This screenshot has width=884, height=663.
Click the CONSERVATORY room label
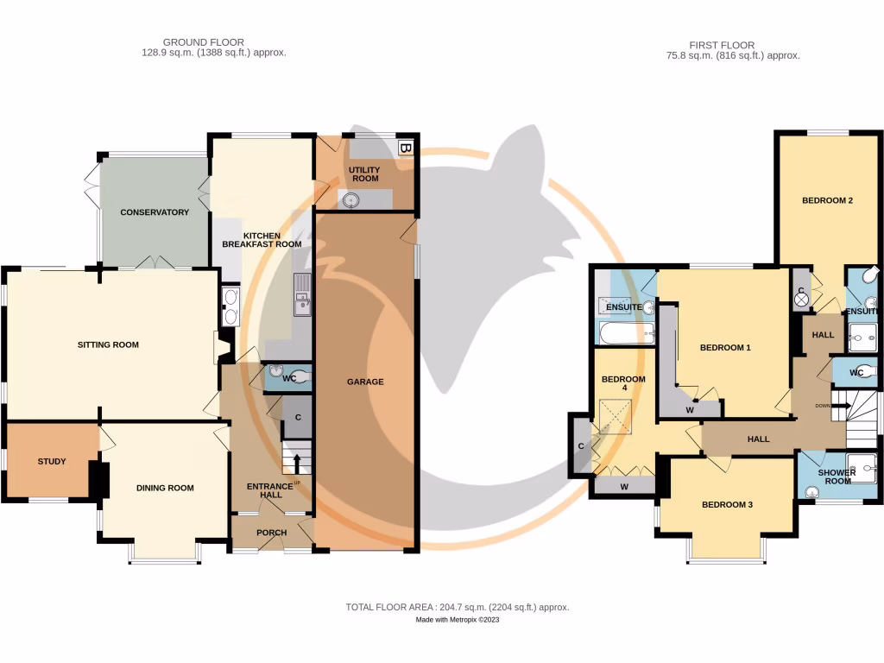coord(155,212)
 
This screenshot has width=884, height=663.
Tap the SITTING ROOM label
coord(108,345)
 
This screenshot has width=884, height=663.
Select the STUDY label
coord(52,461)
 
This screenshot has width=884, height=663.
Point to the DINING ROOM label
coord(165,488)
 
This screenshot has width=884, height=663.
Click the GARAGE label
coord(365,382)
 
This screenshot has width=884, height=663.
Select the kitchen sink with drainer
coord(301,294)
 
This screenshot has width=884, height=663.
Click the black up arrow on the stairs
coord(295,461)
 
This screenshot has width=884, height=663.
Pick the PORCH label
coord(270,533)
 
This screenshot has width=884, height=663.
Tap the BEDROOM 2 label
coord(827,200)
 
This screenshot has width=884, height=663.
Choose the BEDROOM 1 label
coord(725,348)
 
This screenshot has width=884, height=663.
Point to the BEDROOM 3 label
coord(727,504)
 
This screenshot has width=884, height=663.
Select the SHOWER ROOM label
coord(837,477)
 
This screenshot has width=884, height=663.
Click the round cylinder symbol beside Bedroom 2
coord(801,300)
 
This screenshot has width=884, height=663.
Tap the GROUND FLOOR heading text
coord(204,41)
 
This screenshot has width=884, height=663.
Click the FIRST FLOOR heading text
coord(722,45)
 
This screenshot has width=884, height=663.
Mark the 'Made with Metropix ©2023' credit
coord(458,620)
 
